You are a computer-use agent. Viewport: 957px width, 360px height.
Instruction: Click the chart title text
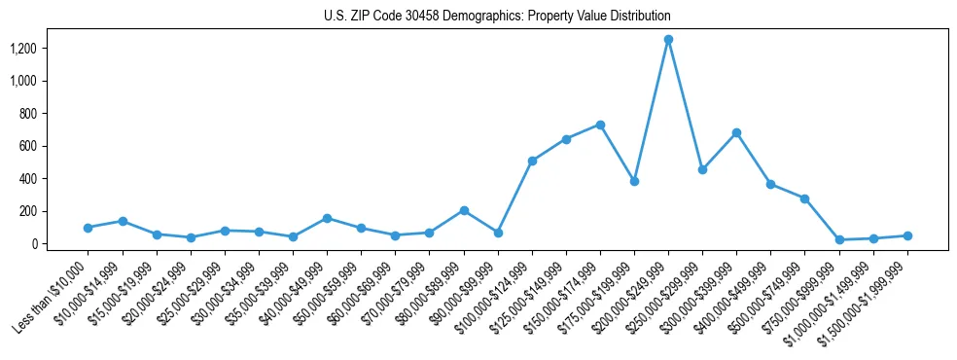(x=497, y=17)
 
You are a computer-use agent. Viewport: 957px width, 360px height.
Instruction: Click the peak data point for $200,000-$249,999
(x=668, y=40)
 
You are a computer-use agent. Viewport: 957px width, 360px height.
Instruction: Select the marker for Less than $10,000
(x=88, y=228)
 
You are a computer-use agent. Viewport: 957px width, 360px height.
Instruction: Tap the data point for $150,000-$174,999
(x=600, y=125)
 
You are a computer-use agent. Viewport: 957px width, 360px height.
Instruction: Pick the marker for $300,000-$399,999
(x=736, y=132)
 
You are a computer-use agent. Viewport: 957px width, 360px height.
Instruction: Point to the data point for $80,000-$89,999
(x=464, y=210)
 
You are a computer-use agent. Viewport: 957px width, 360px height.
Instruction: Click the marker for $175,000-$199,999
(x=634, y=181)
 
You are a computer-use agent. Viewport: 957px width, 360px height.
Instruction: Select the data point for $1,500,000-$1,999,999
(x=907, y=235)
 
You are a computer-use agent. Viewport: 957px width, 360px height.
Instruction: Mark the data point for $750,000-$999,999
(x=839, y=239)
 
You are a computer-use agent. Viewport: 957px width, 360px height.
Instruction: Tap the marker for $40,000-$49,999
(x=327, y=218)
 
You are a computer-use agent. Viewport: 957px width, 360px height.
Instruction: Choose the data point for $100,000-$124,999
(x=532, y=161)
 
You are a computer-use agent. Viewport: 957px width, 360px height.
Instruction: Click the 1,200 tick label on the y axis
(x=24, y=49)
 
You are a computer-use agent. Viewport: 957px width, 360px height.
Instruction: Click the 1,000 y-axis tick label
(x=24, y=81)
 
